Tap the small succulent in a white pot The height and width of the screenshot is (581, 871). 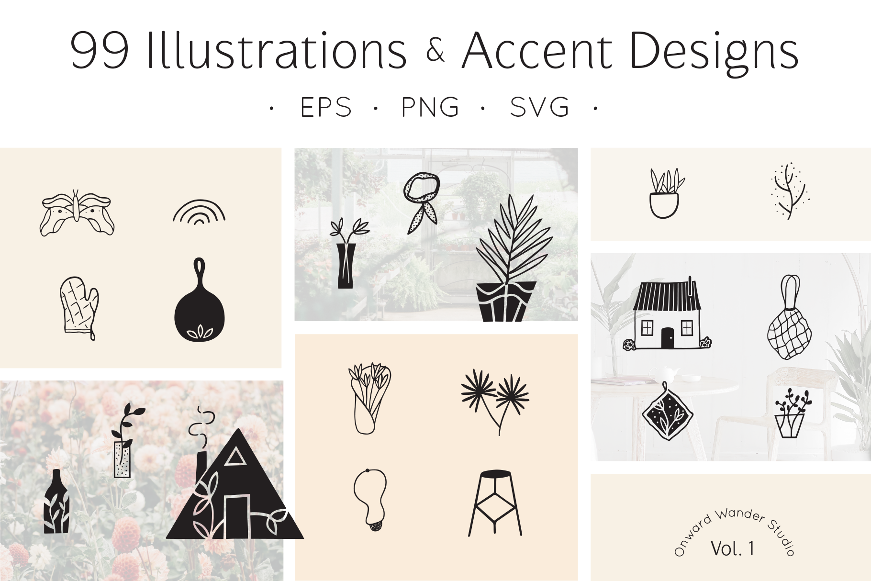pos(665,193)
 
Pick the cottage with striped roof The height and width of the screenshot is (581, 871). pos(667,314)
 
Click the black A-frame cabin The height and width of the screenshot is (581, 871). pos(235,493)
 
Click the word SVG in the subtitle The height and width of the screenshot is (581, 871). pos(539,107)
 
